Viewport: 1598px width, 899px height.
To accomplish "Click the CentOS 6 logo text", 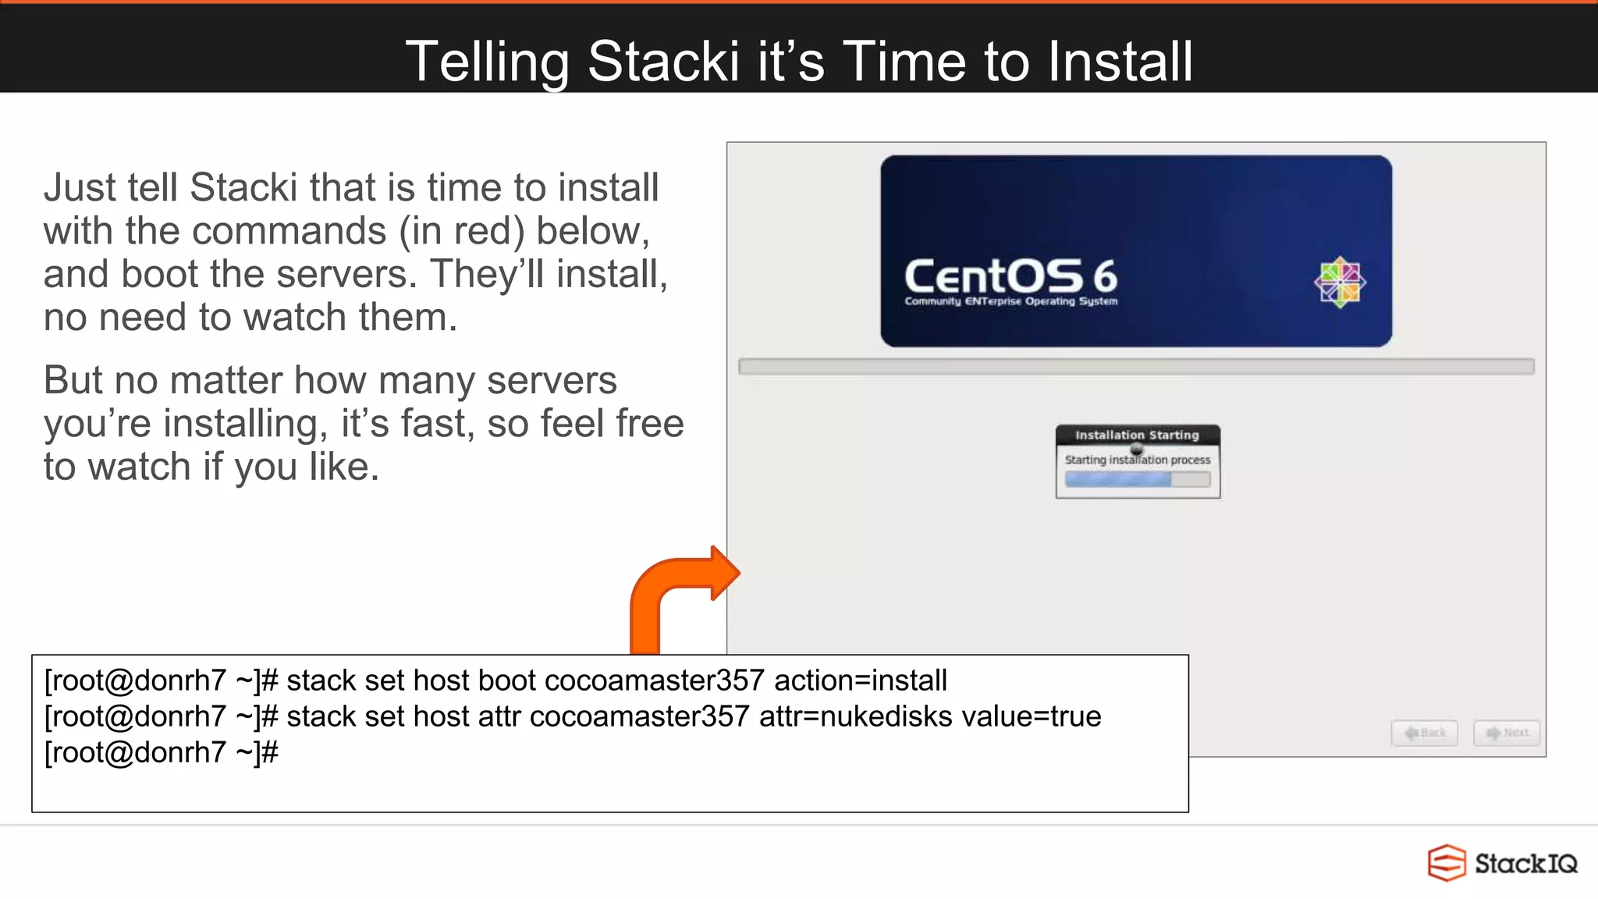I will click(1010, 276).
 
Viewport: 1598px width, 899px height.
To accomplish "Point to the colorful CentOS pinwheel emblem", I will click(1340, 282).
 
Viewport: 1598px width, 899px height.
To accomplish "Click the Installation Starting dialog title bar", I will click(1137, 435).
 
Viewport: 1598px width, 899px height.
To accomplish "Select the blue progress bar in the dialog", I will click(1118, 479).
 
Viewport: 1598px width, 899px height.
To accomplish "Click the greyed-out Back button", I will click(1424, 733).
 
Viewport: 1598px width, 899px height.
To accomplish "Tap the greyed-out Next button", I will click(1507, 733).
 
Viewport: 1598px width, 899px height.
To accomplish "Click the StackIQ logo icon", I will click(1447, 862).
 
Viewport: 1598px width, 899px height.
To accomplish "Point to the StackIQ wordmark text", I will click(1525, 863).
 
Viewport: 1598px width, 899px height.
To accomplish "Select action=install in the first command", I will click(861, 680).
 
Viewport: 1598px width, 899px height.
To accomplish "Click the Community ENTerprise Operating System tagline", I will click(1010, 301).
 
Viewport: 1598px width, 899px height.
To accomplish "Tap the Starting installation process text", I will click(1137, 460).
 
